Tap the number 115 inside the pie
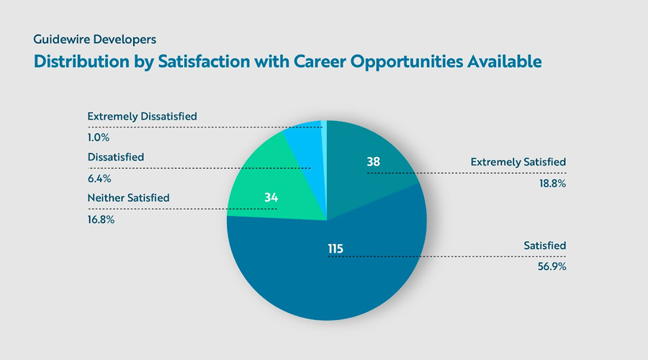pyautogui.click(x=335, y=249)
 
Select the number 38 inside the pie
pyautogui.click(x=373, y=162)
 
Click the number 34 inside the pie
pyautogui.click(x=271, y=197)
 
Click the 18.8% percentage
pyautogui.click(x=552, y=184)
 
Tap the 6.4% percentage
pyautogui.click(x=99, y=179)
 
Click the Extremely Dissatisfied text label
pyautogui.click(x=142, y=116)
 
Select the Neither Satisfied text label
pyautogui.click(x=128, y=197)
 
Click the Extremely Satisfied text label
pyautogui.click(x=518, y=162)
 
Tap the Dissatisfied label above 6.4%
pyautogui.click(x=116, y=157)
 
